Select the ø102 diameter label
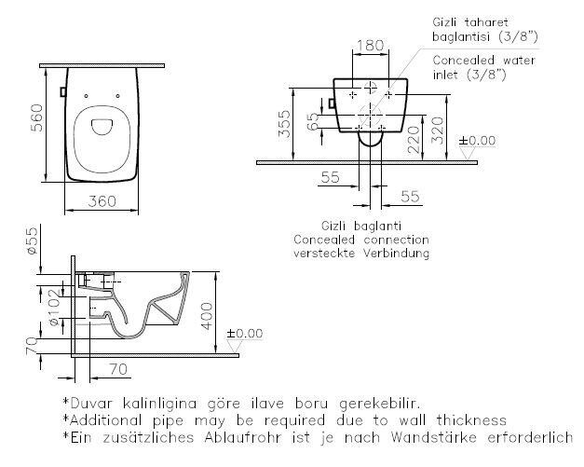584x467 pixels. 55,307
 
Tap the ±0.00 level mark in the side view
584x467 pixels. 245,333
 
